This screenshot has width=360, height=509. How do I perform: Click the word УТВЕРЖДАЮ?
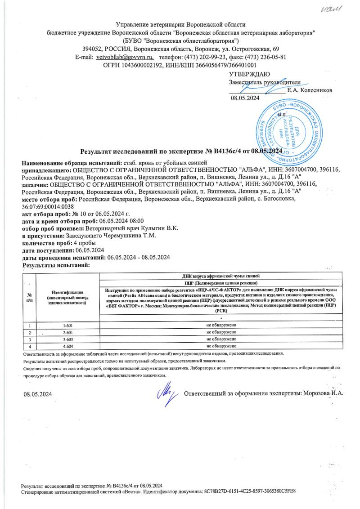[x=249, y=74]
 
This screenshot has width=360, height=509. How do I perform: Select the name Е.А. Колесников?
[x=310, y=90]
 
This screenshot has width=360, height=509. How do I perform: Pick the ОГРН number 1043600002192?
[x=143, y=65]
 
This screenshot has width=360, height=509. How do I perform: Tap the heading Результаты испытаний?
[x=56, y=265]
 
